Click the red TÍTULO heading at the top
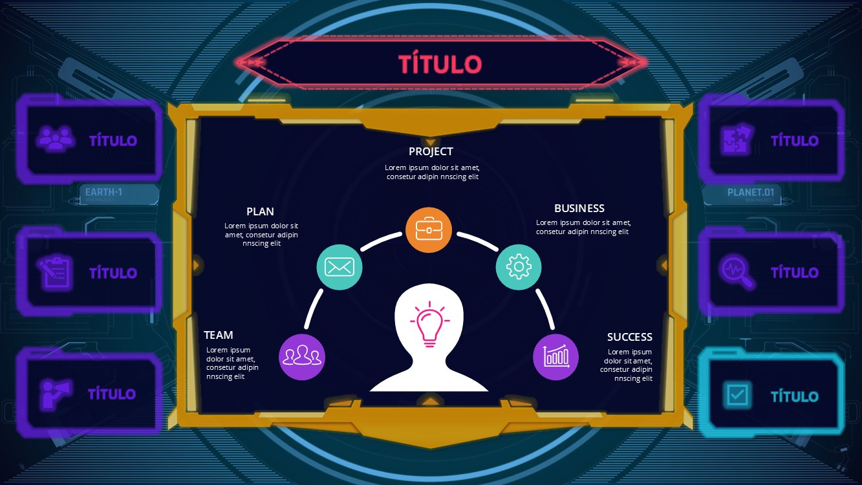click(440, 63)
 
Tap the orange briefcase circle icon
click(428, 230)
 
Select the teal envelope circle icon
click(339, 267)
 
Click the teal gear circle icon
click(519, 267)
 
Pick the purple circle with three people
click(302, 357)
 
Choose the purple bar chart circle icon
click(555, 357)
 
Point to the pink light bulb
click(430, 325)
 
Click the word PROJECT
click(431, 152)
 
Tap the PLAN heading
click(260, 211)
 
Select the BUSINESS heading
click(579, 208)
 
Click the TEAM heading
click(218, 335)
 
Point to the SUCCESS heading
click(630, 337)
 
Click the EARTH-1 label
click(103, 191)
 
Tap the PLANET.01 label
click(750, 192)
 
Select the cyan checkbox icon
click(737, 395)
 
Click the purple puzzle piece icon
click(737, 139)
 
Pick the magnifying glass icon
click(737, 272)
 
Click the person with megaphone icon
click(55, 394)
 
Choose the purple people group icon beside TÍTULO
click(55, 138)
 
